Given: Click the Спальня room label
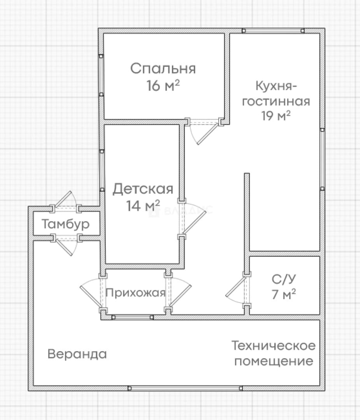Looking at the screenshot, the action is click(163, 68).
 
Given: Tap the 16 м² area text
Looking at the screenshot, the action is click(163, 86).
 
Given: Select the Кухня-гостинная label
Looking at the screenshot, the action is click(276, 93).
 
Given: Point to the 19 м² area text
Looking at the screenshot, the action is click(276, 115).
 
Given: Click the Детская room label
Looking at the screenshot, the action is click(143, 189).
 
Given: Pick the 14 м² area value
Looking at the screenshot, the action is click(143, 206).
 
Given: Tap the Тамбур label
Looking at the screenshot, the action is click(66, 224).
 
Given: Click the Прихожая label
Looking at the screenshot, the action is click(135, 293).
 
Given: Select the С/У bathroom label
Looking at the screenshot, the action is click(284, 279).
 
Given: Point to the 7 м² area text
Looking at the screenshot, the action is click(284, 294).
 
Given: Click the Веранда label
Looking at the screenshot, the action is click(77, 354).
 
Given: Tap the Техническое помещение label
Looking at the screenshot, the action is click(274, 353).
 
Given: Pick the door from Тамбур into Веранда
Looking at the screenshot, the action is click(66, 244).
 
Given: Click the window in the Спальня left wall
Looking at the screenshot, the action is click(101, 75).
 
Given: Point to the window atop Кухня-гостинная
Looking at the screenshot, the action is click(273, 31).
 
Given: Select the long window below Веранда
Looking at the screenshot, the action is click(185, 388).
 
